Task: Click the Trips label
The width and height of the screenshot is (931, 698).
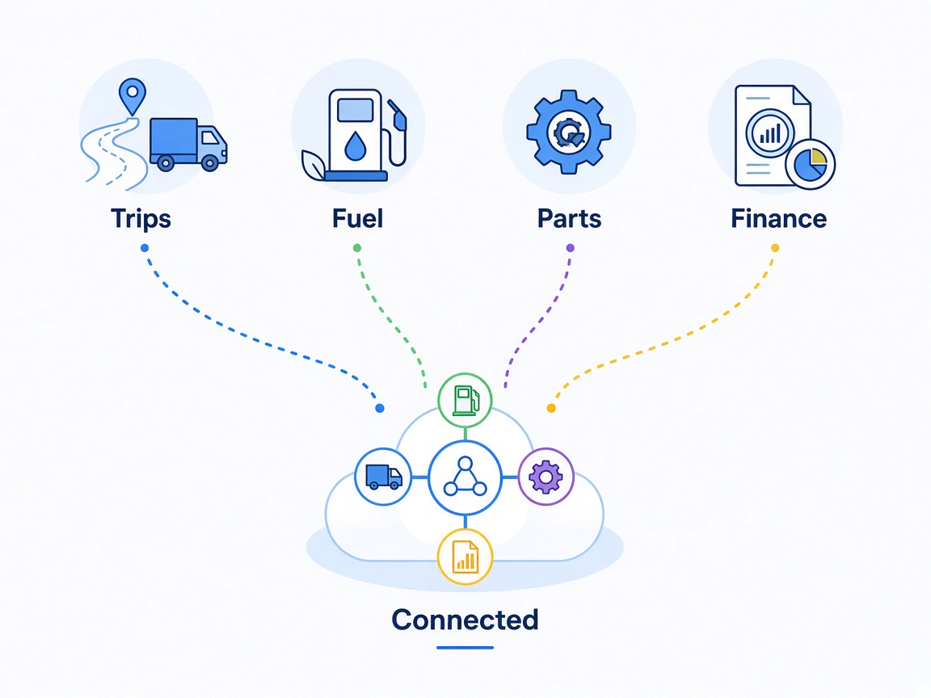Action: pos(141,219)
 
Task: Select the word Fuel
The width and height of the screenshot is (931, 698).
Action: pos(357,218)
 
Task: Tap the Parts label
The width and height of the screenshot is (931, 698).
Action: pos(569,218)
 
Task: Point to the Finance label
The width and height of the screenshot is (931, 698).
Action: pos(778,218)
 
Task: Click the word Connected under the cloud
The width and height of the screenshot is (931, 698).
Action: pos(465,620)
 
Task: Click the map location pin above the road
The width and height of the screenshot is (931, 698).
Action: pos(132,96)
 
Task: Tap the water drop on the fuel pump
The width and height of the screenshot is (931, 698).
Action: pos(355,146)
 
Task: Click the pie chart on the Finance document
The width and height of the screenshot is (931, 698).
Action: pos(810,165)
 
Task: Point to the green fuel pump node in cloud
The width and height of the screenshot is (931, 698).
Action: pos(465,400)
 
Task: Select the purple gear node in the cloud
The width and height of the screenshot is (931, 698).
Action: pos(546,477)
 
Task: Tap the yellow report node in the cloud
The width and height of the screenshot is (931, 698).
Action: pos(465,557)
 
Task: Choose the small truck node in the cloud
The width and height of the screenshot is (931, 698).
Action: pos(383,477)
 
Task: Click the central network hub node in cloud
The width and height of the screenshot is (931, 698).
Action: pos(465,477)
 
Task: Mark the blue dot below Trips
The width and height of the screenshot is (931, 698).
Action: pos(145,248)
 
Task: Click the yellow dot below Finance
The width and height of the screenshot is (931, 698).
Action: pos(775,248)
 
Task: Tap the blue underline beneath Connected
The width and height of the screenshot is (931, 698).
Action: pos(465,648)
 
